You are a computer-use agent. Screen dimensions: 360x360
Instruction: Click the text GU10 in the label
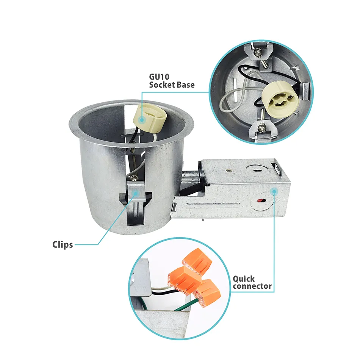(159, 77)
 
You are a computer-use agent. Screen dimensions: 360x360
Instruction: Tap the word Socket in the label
(161, 85)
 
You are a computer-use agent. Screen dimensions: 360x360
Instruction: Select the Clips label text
(63, 244)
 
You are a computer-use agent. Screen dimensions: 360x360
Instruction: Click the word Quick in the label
(244, 279)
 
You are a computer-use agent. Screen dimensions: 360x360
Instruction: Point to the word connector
(252, 286)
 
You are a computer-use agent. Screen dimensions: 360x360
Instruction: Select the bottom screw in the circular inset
(262, 128)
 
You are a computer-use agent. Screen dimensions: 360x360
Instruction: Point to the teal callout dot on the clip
(136, 193)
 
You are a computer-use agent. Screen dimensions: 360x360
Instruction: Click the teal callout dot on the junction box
(274, 191)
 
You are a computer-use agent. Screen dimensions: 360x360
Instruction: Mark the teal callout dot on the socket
(142, 120)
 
